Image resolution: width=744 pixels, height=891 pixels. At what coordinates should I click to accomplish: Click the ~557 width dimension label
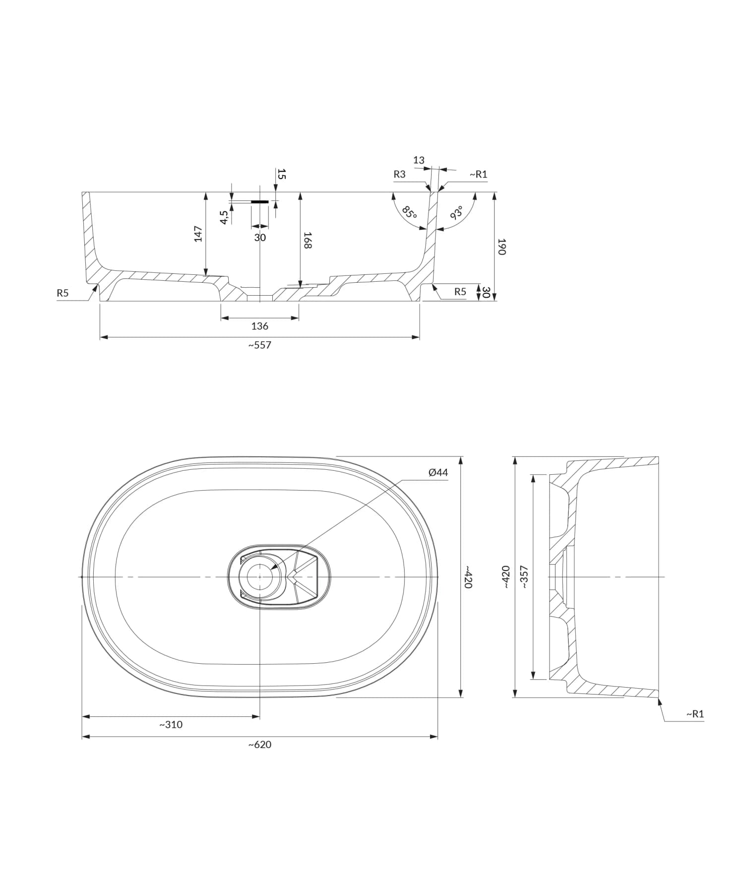coord(259,345)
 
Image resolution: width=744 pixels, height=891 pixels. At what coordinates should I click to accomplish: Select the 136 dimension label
coord(260,326)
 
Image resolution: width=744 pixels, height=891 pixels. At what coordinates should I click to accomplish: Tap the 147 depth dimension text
coord(198,234)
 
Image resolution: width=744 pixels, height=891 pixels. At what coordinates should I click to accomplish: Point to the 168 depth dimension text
coord(308,240)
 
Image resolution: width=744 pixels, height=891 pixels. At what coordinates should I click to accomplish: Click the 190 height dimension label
coord(501,247)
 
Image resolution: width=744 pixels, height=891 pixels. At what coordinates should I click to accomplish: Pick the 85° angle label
coord(410,213)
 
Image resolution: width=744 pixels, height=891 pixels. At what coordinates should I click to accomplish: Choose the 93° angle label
coord(456,212)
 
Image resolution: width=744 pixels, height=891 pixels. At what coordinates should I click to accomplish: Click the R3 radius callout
coord(399,174)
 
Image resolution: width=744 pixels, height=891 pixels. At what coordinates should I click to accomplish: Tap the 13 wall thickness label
coord(419,160)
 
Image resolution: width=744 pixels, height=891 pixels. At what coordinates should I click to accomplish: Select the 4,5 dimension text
coord(224,217)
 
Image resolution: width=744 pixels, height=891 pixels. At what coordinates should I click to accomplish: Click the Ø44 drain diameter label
coord(438,472)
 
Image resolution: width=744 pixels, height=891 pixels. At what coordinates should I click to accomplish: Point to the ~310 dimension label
coord(171,724)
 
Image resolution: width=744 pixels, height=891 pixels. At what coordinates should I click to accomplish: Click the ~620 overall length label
coord(259,745)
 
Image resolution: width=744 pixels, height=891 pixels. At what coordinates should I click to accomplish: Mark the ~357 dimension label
coord(524,577)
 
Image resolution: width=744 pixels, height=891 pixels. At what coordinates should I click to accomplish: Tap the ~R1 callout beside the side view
coord(695,714)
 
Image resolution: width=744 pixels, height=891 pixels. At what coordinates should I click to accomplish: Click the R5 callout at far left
coord(62,293)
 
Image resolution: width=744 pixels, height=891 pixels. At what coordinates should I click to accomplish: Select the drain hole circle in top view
coord(259,577)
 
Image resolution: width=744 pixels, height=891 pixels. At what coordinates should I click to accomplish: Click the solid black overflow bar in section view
coord(260,202)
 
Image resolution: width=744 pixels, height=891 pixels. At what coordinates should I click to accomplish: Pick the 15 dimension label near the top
coord(281,174)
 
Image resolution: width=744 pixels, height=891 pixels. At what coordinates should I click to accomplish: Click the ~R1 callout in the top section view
coord(478,174)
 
